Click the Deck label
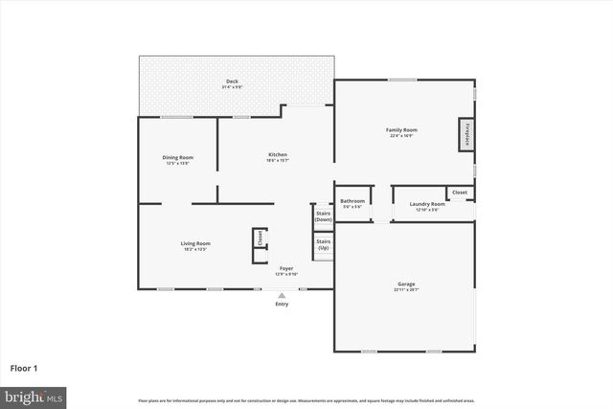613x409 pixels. tap(232, 81)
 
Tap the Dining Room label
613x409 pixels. tap(177, 157)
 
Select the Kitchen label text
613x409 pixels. tap(277, 155)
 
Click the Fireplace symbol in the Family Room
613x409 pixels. tap(467, 136)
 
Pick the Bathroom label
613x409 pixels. tap(352, 201)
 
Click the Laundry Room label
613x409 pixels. tap(427, 204)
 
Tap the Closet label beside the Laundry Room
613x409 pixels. tap(460, 193)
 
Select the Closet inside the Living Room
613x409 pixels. tap(259, 239)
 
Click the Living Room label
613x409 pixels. tap(195, 243)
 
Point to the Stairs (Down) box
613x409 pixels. tap(324, 216)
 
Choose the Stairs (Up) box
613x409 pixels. tap(324, 244)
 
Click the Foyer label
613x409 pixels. tap(286, 268)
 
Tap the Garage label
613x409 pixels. tap(406, 284)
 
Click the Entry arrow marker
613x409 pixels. tap(282, 295)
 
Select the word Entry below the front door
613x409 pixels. tap(282, 304)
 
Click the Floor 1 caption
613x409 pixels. tap(25, 368)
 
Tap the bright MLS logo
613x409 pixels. tap(33, 396)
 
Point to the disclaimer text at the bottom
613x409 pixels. tap(306, 400)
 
